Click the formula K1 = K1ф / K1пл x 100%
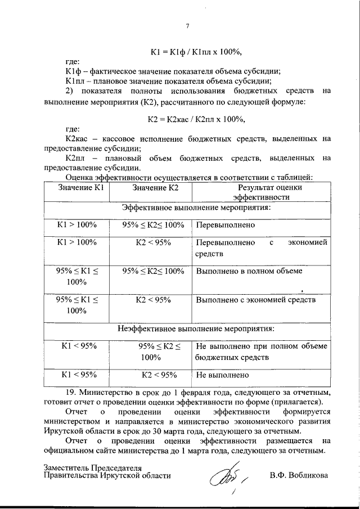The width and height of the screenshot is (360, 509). (196, 52)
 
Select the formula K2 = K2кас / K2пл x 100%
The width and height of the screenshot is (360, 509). (196, 119)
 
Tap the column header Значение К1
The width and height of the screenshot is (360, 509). (77, 187)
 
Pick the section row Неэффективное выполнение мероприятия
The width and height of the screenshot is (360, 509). (196, 327)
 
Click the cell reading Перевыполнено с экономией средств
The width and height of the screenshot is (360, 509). (261, 248)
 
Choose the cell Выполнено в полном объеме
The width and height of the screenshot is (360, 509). (249, 271)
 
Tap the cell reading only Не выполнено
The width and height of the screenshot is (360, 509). (222, 373)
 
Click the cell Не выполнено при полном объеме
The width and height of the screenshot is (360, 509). (261, 352)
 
